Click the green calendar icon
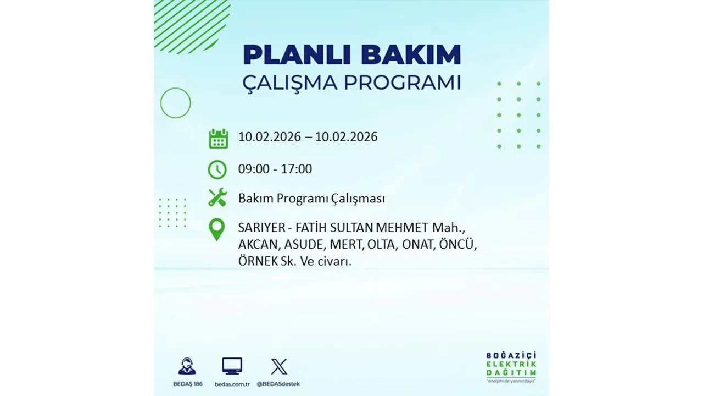(218, 138)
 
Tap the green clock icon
(217, 169)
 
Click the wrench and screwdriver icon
(217, 197)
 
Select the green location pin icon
(217, 229)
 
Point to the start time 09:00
(254, 169)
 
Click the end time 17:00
(296, 169)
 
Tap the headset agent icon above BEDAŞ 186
(187, 366)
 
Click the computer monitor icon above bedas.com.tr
(232, 366)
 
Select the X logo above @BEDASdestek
(279, 366)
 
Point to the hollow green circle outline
(175, 103)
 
